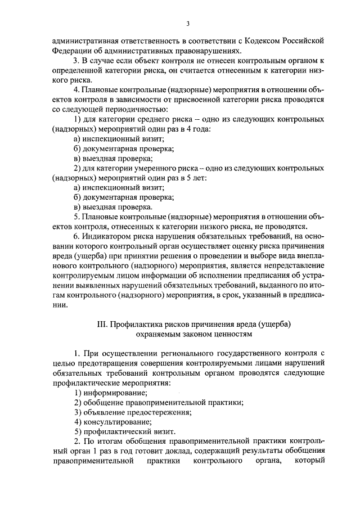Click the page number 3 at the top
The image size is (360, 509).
pyautogui.click(x=188, y=23)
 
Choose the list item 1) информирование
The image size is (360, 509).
pyautogui.click(x=110, y=392)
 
